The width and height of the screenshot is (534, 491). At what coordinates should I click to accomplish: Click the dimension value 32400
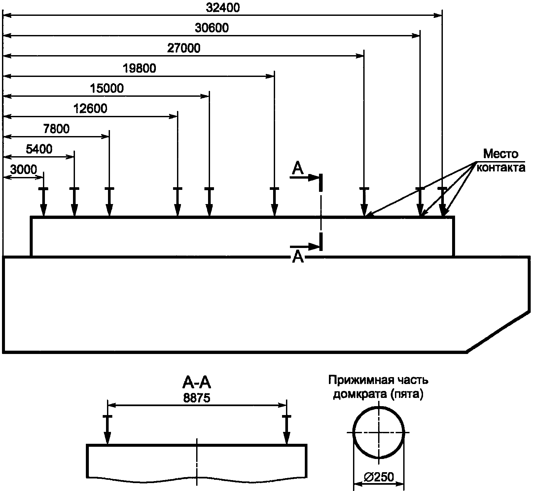tap(223, 8)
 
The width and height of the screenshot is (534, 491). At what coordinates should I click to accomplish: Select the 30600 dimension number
tap(212, 28)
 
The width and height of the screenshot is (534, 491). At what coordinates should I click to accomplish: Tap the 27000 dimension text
tap(184, 49)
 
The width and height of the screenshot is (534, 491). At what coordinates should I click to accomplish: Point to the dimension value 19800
tap(139, 69)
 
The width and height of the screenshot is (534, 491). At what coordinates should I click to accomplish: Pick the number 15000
tap(107, 88)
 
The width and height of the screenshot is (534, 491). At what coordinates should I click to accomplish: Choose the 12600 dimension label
tap(90, 109)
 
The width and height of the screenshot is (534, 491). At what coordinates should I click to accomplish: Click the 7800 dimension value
tap(56, 129)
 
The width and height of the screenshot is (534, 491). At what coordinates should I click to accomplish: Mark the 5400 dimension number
tap(39, 149)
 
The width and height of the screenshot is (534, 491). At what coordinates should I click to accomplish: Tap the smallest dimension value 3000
tap(23, 170)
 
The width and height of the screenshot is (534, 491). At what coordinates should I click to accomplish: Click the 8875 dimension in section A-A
tap(197, 398)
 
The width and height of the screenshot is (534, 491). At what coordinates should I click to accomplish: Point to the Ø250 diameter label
tap(379, 477)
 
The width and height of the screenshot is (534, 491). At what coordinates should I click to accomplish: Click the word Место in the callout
tap(501, 154)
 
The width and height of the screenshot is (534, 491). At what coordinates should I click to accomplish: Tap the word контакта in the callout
tap(501, 168)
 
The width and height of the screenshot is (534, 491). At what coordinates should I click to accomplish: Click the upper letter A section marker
tap(298, 169)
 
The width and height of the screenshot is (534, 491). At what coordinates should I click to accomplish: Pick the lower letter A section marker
tap(298, 257)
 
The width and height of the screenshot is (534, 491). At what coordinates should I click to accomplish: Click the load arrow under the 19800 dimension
tap(274, 202)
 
